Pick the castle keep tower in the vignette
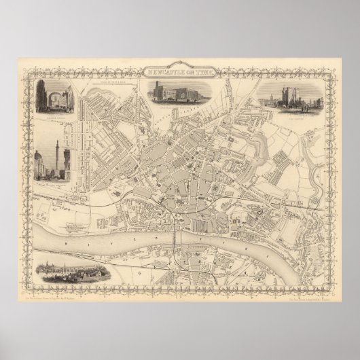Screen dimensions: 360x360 [299, 99]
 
